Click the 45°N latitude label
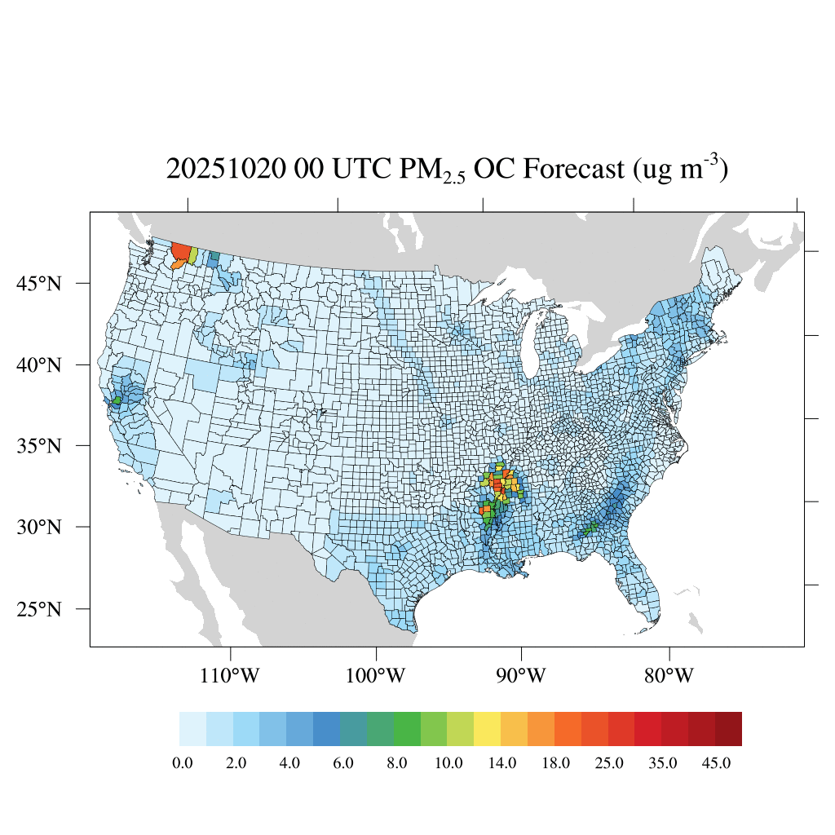tap(40, 284)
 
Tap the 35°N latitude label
tap(40, 446)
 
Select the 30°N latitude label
tap(40, 527)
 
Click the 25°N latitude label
tap(40, 609)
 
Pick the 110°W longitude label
tap(232, 676)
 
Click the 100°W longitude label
tap(377, 676)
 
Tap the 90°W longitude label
tap(522, 676)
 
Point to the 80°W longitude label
tap(669, 676)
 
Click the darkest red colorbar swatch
tap(728, 729)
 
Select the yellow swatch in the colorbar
tap(488, 729)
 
